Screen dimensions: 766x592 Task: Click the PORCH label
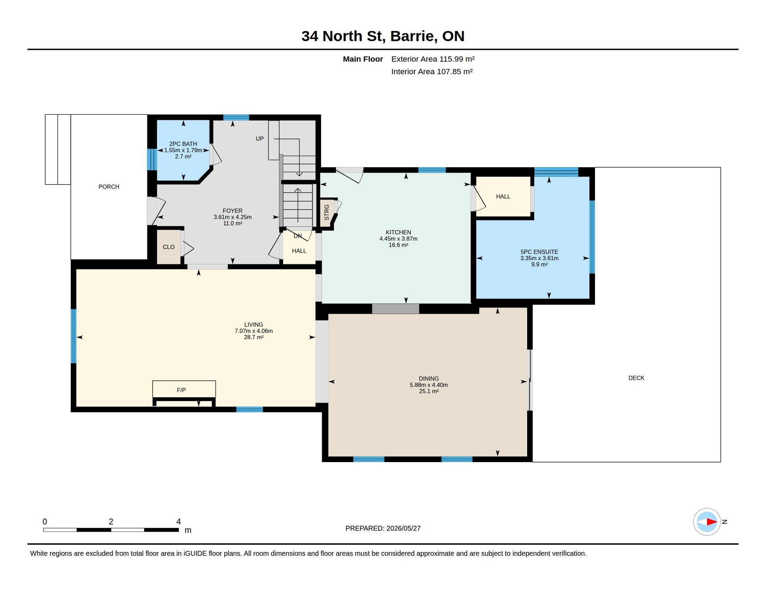point(109,187)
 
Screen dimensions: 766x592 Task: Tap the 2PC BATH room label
point(183,144)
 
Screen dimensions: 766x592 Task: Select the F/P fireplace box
point(184,389)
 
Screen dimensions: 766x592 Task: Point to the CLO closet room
point(169,247)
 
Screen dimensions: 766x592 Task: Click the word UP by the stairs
point(260,139)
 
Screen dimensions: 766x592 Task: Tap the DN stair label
point(298,236)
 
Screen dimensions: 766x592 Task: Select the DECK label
point(636,378)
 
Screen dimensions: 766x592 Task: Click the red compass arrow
point(712,522)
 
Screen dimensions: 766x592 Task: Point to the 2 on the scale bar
point(111,521)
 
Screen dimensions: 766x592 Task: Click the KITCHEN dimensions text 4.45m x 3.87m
point(398,239)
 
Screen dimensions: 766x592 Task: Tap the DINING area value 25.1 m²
point(429,391)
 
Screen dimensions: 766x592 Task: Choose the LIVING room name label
point(254,325)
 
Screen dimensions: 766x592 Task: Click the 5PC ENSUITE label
point(539,252)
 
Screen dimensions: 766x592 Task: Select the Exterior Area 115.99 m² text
point(433,59)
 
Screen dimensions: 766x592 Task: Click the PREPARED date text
point(383,528)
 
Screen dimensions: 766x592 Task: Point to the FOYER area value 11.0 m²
point(232,224)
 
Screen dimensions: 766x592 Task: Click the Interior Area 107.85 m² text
point(432,72)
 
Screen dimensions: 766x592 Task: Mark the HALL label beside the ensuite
point(503,197)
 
